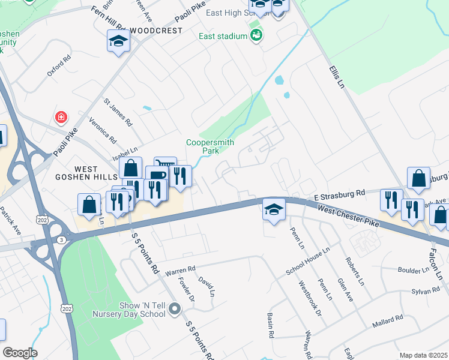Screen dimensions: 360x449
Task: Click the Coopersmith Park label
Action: tap(209, 146)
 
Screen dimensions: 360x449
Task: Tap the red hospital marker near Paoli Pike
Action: tap(61, 116)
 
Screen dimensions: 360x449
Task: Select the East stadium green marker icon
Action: tap(257, 36)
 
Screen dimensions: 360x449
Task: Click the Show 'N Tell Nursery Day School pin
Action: tap(175, 310)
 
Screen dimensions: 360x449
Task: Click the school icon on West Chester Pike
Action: tap(274, 209)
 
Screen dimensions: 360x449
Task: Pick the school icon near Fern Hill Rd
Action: tap(118, 41)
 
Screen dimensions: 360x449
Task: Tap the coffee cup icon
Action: tap(156, 176)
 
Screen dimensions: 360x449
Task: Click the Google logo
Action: tap(20, 353)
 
